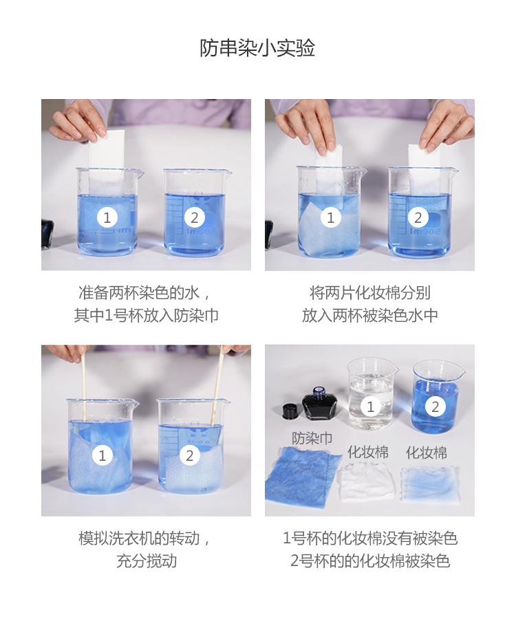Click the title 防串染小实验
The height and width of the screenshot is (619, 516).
[x=257, y=48]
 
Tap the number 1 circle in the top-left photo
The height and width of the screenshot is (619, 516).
[x=107, y=217]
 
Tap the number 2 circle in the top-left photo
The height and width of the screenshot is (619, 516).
[x=194, y=217]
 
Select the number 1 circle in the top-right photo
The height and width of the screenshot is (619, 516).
[x=331, y=217]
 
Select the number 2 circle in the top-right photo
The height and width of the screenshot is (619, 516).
[x=418, y=217]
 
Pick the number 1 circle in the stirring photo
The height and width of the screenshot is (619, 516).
[x=103, y=455]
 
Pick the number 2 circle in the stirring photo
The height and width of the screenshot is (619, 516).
[x=189, y=455]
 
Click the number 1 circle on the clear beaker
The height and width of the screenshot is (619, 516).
[x=370, y=406]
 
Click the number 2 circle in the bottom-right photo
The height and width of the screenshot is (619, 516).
[x=435, y=406]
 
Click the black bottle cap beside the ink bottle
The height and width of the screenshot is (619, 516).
[x=291, y=411]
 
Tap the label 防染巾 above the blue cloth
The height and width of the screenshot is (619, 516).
[x=312, y=438]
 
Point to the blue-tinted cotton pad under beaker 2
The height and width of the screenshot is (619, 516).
[x=430, y=484]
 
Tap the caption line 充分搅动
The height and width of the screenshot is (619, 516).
[x=147, y=561]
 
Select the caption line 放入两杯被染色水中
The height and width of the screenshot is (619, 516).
[x=370, y=316]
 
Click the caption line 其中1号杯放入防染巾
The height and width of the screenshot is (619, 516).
[x=147, y=316]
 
